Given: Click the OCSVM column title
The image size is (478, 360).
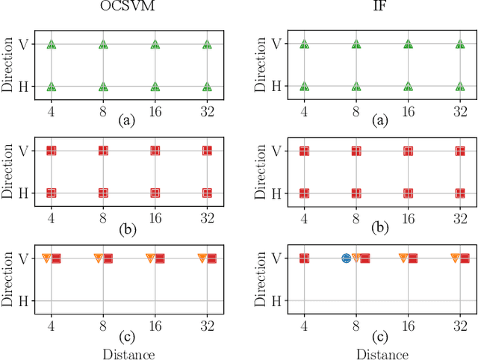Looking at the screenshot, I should (x=128, y=8).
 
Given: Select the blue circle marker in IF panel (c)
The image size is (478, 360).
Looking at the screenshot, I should (x=346, y=258).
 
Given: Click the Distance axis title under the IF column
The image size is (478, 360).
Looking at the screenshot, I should (x=382, y=353).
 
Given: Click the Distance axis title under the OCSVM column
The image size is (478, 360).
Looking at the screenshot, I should (x=129, y=353).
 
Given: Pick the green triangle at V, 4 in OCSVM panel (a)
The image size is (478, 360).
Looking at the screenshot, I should (x=51, y=45).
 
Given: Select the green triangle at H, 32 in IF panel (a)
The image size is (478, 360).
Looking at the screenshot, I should (x=460, y=87).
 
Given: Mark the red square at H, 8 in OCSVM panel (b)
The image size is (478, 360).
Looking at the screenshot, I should (x=103, y=193).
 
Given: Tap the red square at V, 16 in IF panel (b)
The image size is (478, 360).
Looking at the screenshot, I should (x=408, y=151).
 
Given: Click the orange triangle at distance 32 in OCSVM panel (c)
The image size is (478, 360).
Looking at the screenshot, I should (x=202, y=258).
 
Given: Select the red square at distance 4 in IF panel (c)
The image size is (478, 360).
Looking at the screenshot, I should (x=304, y=258).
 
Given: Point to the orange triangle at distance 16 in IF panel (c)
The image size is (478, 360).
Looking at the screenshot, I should (x=403, y=258).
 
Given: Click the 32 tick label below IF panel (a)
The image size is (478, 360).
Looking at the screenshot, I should (x=460, y=110).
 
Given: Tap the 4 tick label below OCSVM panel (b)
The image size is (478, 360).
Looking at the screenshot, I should (x=51, y=217).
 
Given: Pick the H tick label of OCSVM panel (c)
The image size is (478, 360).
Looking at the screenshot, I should (x=24, y=300).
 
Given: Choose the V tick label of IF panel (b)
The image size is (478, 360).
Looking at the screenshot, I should (x=276, y=151).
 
